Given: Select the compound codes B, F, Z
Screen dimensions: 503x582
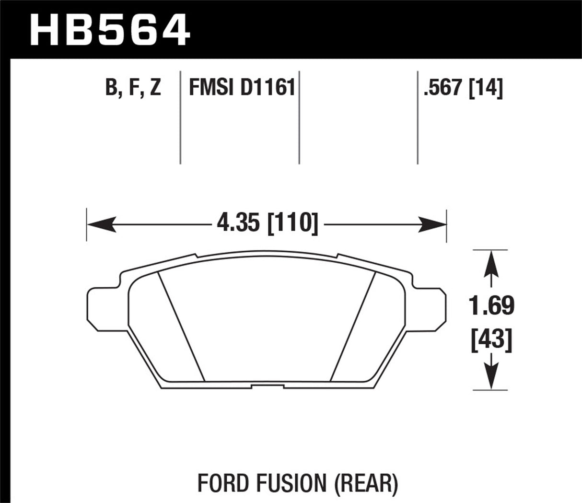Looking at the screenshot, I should [x=133, y=89].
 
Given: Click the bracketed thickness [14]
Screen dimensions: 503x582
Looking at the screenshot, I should [x=486, y=89].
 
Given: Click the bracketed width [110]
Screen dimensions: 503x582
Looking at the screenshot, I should [x=292, y=223].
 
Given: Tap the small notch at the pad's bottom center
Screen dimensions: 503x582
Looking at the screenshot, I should [x=266, y=386].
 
